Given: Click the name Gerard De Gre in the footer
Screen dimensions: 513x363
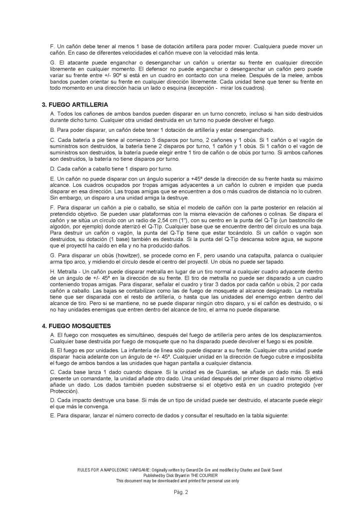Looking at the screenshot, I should coord(201,471).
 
